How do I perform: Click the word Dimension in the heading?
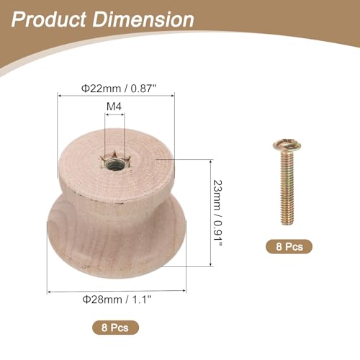coord(148,19)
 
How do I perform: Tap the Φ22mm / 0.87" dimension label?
coord(115,89)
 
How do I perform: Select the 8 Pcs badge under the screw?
coord(290,246)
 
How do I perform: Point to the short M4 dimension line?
coord(115,114)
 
